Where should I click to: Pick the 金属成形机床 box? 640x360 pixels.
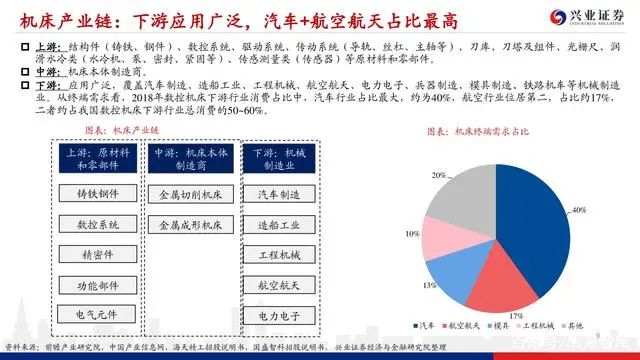(x=191, y=227)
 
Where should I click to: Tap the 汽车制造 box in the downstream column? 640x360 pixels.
(x=279, y=193)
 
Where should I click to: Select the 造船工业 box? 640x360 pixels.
(x=279, y=224)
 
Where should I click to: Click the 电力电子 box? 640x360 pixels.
(x=279, y=315)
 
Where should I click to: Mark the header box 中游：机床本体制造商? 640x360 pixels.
(x=191, y=159)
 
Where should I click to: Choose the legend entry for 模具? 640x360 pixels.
(x=495, y=325)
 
